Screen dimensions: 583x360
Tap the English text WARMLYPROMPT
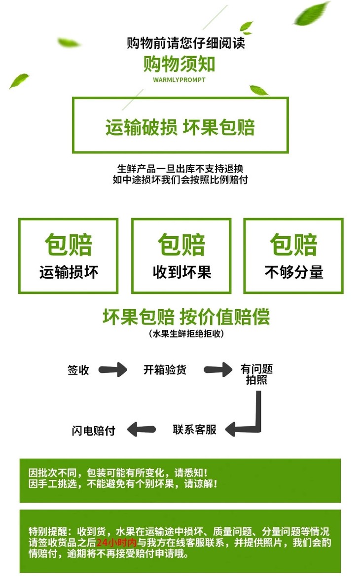coord(179,79)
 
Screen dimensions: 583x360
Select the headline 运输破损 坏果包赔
coord(180,127)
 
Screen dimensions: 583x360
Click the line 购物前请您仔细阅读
coord(185,43)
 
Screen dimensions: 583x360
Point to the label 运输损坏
coord(69,272)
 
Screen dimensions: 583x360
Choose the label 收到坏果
coord(181,272)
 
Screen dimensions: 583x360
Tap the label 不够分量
coord(294,272)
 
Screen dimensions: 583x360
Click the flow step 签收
coord(78,370)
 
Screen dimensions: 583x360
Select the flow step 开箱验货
coord(165,370)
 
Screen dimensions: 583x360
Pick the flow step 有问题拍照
coord(256,374)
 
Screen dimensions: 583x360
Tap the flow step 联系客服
coord(194,429)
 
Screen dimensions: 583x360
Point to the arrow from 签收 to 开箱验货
coord(112,369)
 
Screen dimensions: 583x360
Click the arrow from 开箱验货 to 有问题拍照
coord(217,369)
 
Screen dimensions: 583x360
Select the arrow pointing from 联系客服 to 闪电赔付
coord(142,429)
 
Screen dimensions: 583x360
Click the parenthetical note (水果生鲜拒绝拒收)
coord(186,334)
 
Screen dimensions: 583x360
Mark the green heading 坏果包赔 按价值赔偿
coord(186,316)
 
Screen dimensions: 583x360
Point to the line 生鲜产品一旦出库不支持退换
coord(180,168)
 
